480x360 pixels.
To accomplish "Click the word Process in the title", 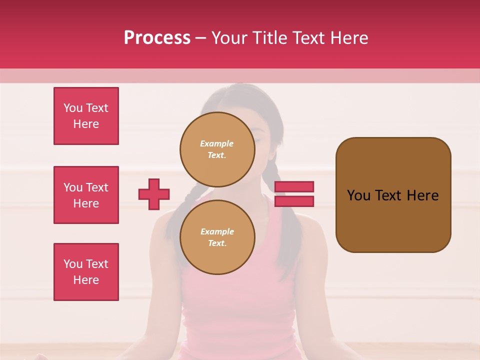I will click(157, 38).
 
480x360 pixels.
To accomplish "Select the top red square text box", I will click(86, 116).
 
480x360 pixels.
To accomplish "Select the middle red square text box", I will click(86, 195).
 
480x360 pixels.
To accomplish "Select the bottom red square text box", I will click(86, 272).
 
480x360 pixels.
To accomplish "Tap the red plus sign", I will click(154, 194).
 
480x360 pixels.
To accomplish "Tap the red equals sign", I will click(294, 194).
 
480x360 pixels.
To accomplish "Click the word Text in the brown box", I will click(388, 195).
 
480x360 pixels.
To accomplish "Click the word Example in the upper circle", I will click(217, 143).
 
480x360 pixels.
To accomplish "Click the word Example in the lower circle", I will click(217, 231).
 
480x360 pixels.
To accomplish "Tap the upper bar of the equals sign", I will click(294, 187).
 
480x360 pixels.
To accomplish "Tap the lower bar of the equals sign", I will click(294, 201).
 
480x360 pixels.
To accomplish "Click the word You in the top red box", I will click(73, 108).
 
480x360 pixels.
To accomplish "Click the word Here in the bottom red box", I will click(86, 280).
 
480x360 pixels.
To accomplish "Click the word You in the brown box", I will click(358, 195).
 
